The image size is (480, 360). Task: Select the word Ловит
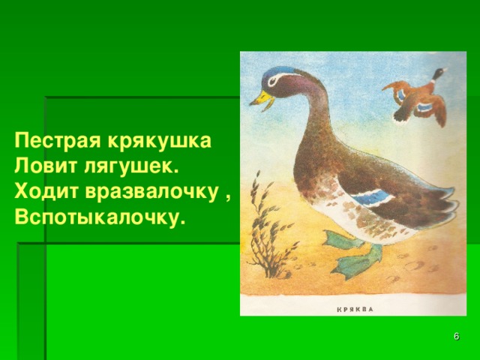coord(43,166)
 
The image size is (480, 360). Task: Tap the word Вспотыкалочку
coord(99,217)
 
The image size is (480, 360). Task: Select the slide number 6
coord(457,337)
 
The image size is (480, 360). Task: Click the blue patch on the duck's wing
coord(373,196)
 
